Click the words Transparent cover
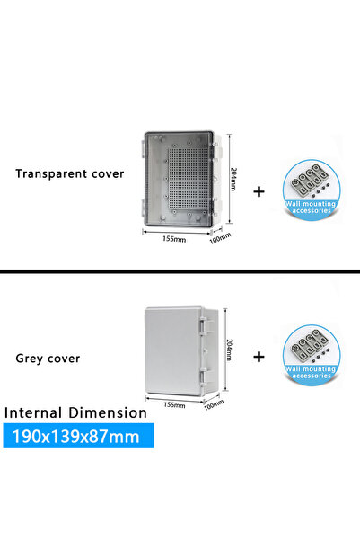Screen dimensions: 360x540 [x=69, y=173]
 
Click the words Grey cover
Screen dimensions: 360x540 [x=48, y=359]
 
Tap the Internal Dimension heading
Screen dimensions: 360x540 [x=75, y=412]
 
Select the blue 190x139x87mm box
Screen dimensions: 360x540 [x=78, y=436]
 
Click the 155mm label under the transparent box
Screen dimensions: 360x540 [x=174, y=239]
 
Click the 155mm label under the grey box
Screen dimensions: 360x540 [x=174, y=404]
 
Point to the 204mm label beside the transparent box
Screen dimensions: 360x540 [x=233, y=179]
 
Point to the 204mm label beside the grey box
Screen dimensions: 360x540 [x=230, y=350]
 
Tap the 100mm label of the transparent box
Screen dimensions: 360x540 [x=220, y=238]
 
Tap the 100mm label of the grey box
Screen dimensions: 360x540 [x=214, y=404]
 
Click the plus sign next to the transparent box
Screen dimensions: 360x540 [x=259, y=191]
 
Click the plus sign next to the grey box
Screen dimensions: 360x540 [x=259, y=357]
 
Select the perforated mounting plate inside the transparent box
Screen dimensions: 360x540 [x=189, y=179]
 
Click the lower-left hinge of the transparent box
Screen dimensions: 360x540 [x=143, y=208]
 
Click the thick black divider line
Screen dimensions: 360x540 [x=180, y=271]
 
